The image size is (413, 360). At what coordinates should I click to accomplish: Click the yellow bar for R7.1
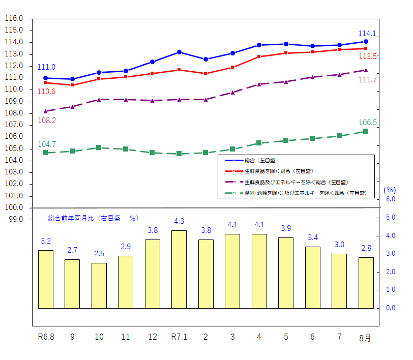point(179,269)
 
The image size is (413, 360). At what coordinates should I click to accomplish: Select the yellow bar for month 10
point(99,285)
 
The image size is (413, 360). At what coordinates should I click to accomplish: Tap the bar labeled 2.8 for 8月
point(366,282)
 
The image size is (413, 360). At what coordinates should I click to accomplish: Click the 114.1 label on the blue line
point(367,34)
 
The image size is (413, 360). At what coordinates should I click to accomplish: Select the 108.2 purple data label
point(47,121)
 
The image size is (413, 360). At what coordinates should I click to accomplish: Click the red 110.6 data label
point(47,92)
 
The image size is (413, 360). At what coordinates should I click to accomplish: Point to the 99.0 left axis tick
point(16,220)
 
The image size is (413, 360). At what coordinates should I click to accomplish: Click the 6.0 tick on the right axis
point(391,199)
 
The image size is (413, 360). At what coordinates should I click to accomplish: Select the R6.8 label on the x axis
point(46,337)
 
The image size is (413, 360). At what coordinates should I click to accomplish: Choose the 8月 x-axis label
point(365,338)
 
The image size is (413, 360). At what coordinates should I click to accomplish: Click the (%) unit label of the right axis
point(389,190)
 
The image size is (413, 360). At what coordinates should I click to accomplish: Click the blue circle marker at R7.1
point(179,52)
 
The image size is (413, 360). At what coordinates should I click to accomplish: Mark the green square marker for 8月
point(365,132)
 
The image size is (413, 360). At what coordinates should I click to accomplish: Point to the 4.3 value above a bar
point(179,222)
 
